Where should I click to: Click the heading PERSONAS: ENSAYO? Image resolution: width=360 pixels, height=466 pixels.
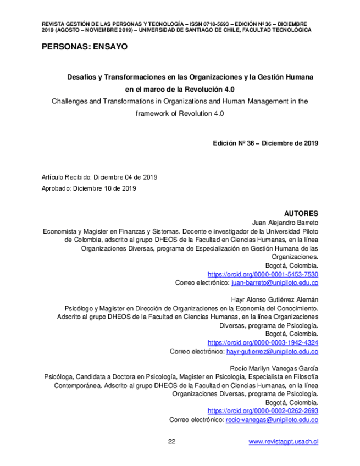click(x=84, y=47)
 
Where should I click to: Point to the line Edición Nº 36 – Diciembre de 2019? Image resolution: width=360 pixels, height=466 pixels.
click(x=265, y=143)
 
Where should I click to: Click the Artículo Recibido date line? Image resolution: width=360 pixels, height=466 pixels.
click(x=99, y=177)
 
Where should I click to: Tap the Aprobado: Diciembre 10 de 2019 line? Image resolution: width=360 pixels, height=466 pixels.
click(x=88, y=188)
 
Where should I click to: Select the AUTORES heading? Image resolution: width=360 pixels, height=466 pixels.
click(x=301, y=213)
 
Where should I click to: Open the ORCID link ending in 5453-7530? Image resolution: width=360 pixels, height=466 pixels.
click(x=263, y=274)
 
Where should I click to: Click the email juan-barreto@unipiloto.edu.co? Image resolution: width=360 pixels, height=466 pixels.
click(x=275, y=282)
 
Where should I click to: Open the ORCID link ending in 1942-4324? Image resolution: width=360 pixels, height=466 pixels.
click(x=263, y=342)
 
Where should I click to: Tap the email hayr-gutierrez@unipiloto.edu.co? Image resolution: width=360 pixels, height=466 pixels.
click(x=272, y=351)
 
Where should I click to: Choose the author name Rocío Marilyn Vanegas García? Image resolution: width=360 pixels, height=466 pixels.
click(x=272, y=368)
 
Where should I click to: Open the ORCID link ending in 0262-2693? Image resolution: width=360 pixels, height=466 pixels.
click(x=263, y=410)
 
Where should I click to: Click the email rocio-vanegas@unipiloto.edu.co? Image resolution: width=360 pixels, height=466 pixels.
click(x=272, y=419)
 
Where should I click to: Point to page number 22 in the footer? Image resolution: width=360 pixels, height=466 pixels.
click(x=171, y=441)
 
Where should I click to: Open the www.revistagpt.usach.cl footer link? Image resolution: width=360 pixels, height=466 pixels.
click(x=284, y=441)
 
